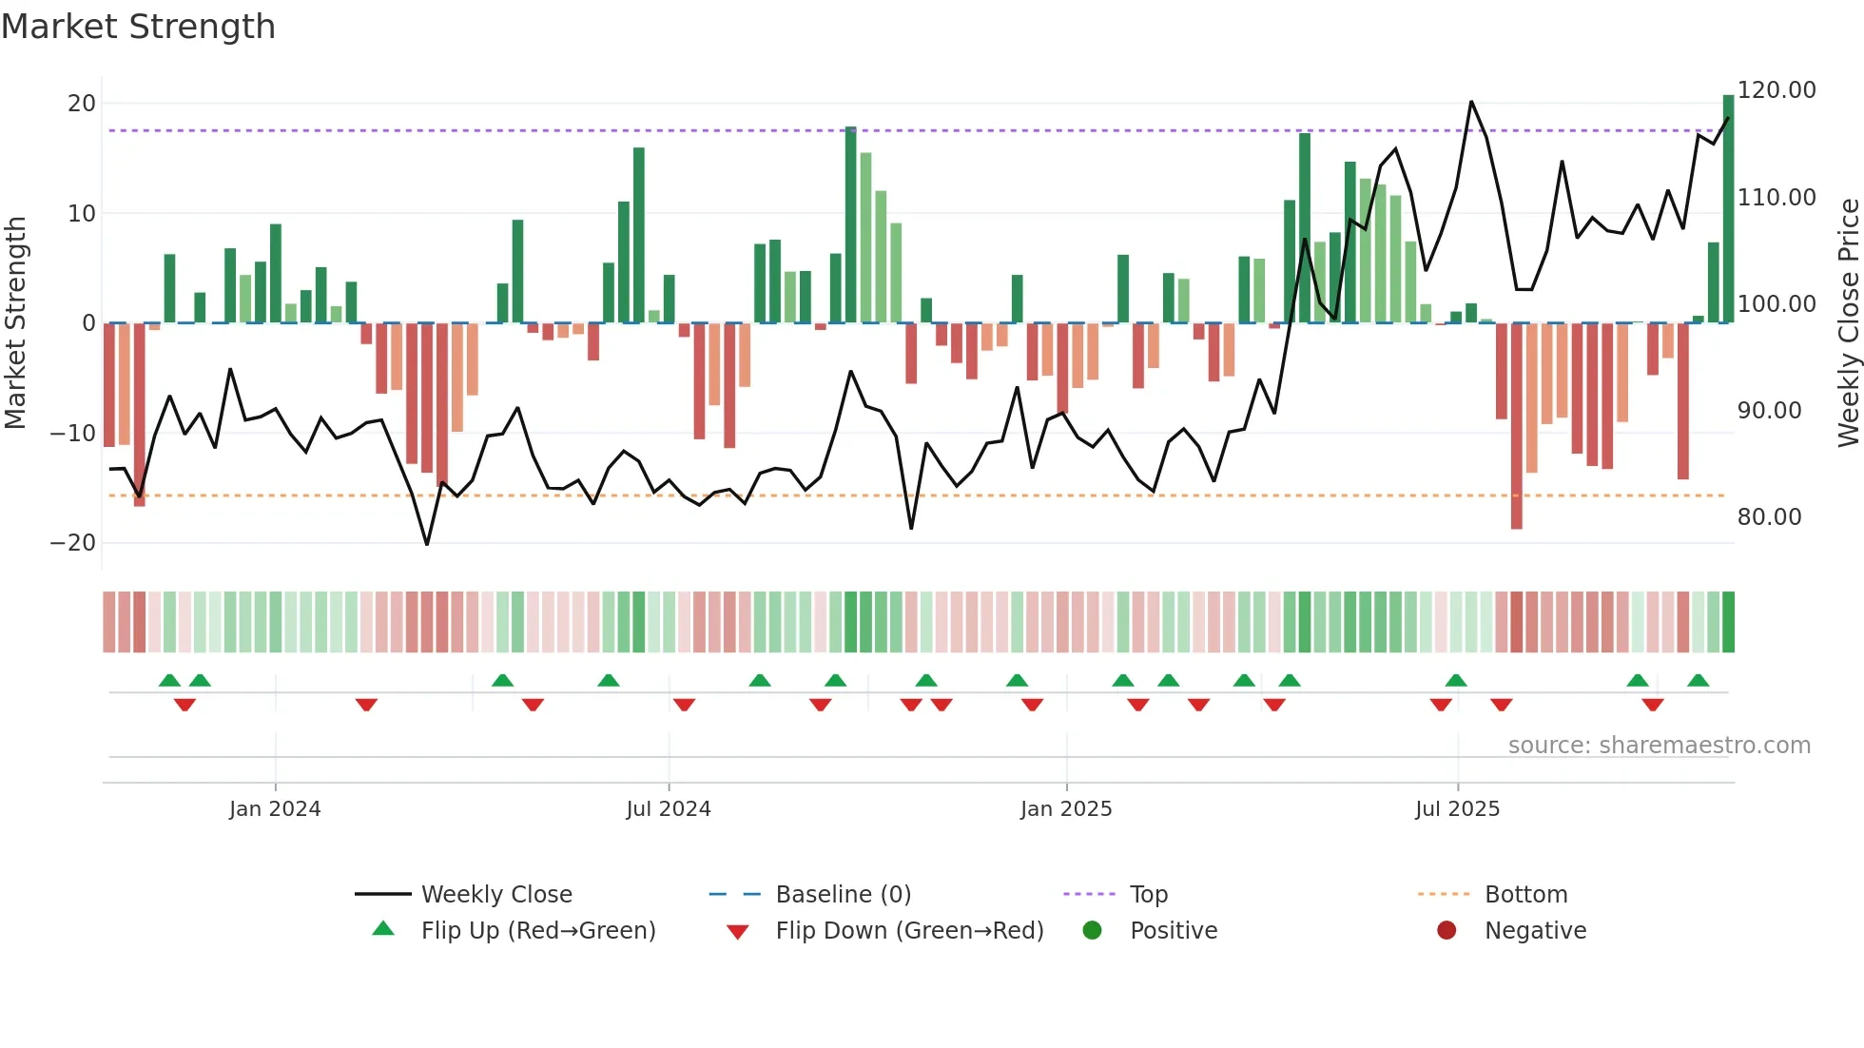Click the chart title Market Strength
tap(139, 27)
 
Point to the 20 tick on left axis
tap(82, 103)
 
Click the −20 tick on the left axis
tap(73, 543)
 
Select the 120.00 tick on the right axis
tap(1777, 90)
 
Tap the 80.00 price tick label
tap(1769, 517)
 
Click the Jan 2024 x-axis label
tap(275, 809)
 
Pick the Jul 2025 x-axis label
tap(1457, 809)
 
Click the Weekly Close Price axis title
tap(1848, 323)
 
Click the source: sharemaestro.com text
tap(1659, 746)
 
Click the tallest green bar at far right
tap(1728, 209)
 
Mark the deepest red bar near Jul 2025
tap(1516, 428)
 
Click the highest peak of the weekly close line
tap(1471, 102)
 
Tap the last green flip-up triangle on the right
tap(1698, 681)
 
